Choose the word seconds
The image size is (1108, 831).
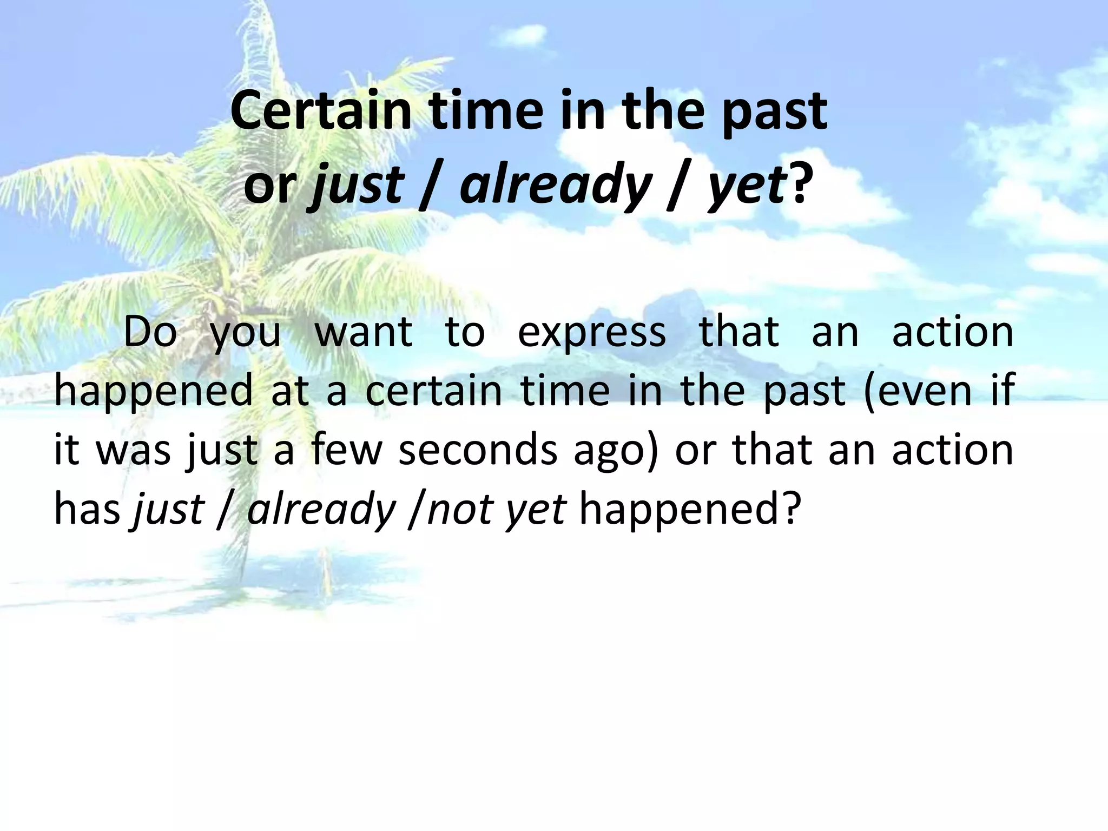(x=478, y=450)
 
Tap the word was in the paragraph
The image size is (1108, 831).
(x=133, y=451)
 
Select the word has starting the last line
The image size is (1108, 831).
(x=87, y=509)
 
